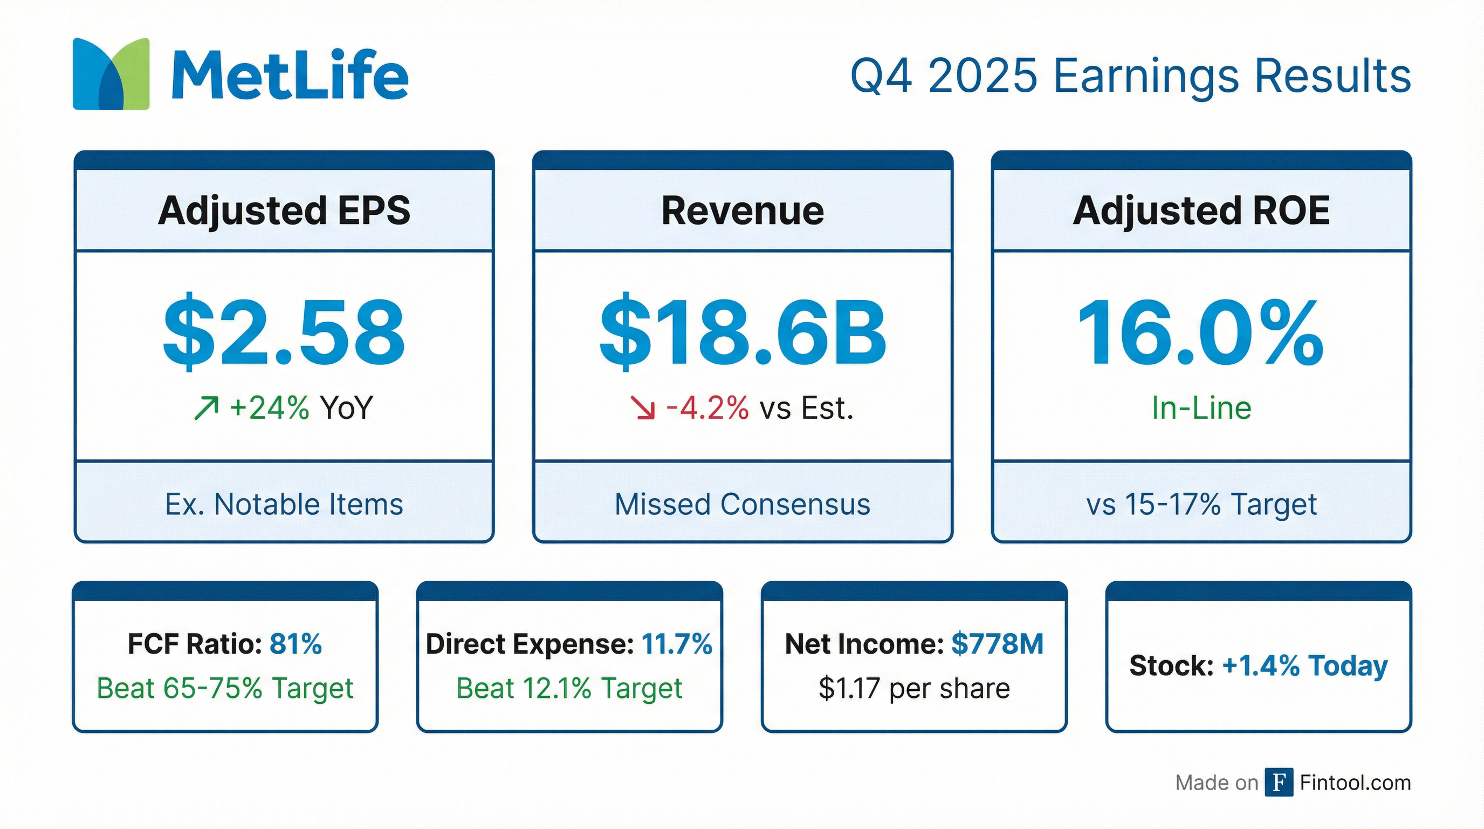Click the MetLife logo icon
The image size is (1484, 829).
(x=111, y=74)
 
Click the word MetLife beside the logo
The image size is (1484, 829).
(x=290, y=76)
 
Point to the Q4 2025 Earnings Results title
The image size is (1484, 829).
(x=1130, y=76)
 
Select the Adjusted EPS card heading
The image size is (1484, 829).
(x=284, y=210)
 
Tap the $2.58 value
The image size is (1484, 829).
(x=284, y=333)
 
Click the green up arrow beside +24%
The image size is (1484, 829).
(x=206, y=408)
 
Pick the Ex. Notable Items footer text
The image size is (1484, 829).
(x=284, y=505)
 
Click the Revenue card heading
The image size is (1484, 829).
(x=742, y=210)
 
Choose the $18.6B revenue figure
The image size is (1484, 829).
(x=742, y=333)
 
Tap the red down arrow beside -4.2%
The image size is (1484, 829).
(x=643, y=408)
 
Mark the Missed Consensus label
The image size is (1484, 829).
(x=742, y=505)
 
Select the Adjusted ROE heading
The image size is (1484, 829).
(x=1201, y=210)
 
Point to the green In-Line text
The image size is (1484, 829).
(x=1201, y=408)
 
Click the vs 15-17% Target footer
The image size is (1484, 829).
(x=1201, y=505)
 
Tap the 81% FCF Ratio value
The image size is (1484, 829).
(x=296, y=644)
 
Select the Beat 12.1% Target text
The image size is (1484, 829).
(x=569, y=688)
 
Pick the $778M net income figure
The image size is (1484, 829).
(x=997, y=644)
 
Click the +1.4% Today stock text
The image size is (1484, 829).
(x=1304, y=666)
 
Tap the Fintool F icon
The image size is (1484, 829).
(x=1279, y=782)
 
